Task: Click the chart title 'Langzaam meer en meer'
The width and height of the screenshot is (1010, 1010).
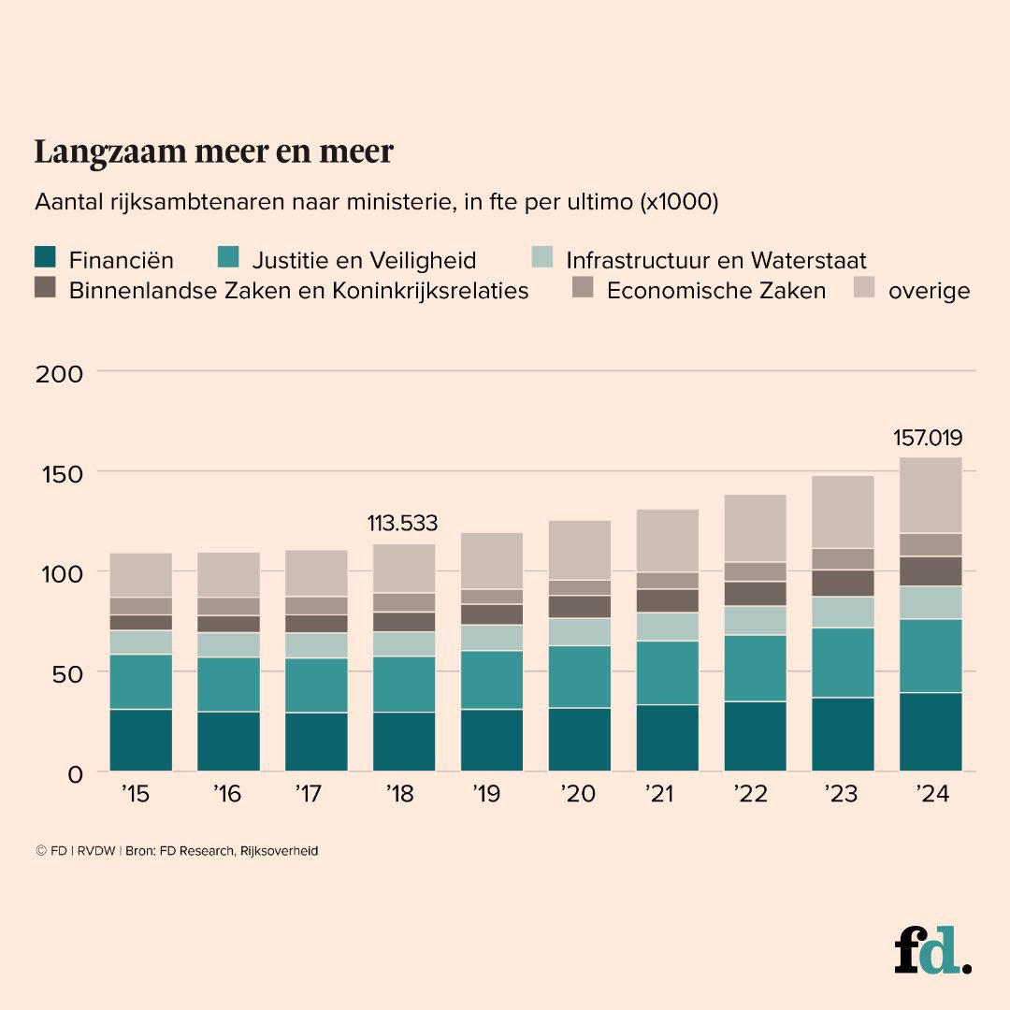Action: click(213, 151)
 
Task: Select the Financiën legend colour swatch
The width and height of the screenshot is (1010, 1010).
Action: click(46, 259)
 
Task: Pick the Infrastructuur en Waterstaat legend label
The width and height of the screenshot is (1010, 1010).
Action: click(716, 260)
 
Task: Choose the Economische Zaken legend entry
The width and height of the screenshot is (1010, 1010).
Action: click(715, 290)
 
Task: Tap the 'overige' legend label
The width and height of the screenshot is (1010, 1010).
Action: click(929, 290)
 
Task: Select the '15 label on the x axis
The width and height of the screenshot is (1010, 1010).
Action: click(136, 794)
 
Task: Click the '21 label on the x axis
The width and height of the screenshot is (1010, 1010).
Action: click(661, 794)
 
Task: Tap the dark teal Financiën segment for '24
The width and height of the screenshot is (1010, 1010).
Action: click(931, 731)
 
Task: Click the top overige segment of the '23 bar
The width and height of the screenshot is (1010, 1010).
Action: click(843, 512)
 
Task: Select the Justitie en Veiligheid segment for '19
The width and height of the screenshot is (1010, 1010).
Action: click(492, 680)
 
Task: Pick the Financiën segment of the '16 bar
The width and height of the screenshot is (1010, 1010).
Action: click(228, 741)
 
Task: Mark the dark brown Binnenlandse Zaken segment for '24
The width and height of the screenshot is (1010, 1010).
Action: click(931, 571)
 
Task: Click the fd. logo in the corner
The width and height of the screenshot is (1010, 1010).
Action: click(931, 951)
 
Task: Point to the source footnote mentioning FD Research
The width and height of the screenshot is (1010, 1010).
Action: click(177, 851)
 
